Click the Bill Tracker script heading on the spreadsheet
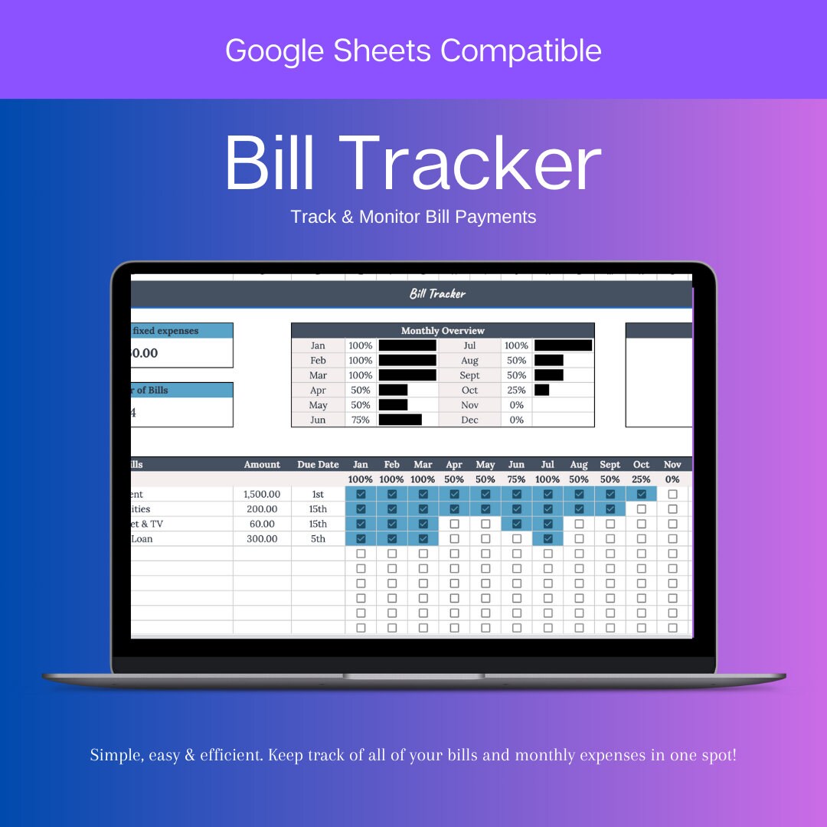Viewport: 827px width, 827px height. click(437, 294)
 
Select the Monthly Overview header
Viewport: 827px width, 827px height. click(443, 331)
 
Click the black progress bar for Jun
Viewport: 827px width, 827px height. click(400, 420)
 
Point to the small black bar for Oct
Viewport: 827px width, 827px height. click(541, 390)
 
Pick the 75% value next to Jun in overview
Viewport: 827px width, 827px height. click(360, 420)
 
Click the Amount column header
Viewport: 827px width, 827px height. click(262, 465)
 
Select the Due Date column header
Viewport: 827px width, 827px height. click(318, 465)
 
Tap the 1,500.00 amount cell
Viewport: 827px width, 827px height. click(262, 495)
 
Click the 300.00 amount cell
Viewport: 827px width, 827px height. click(262, 539)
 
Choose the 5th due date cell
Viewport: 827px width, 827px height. click(318, 539)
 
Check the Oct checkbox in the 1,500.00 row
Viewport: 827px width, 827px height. click(642, 495)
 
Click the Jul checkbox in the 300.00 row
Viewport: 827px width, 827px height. click(548, 539)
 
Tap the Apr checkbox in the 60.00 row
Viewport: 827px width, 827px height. click(454, 525)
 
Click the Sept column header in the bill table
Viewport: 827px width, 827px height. click(610, 465)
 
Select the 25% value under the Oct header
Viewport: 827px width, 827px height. click(642, 479)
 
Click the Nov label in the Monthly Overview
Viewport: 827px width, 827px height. click(469, 405)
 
